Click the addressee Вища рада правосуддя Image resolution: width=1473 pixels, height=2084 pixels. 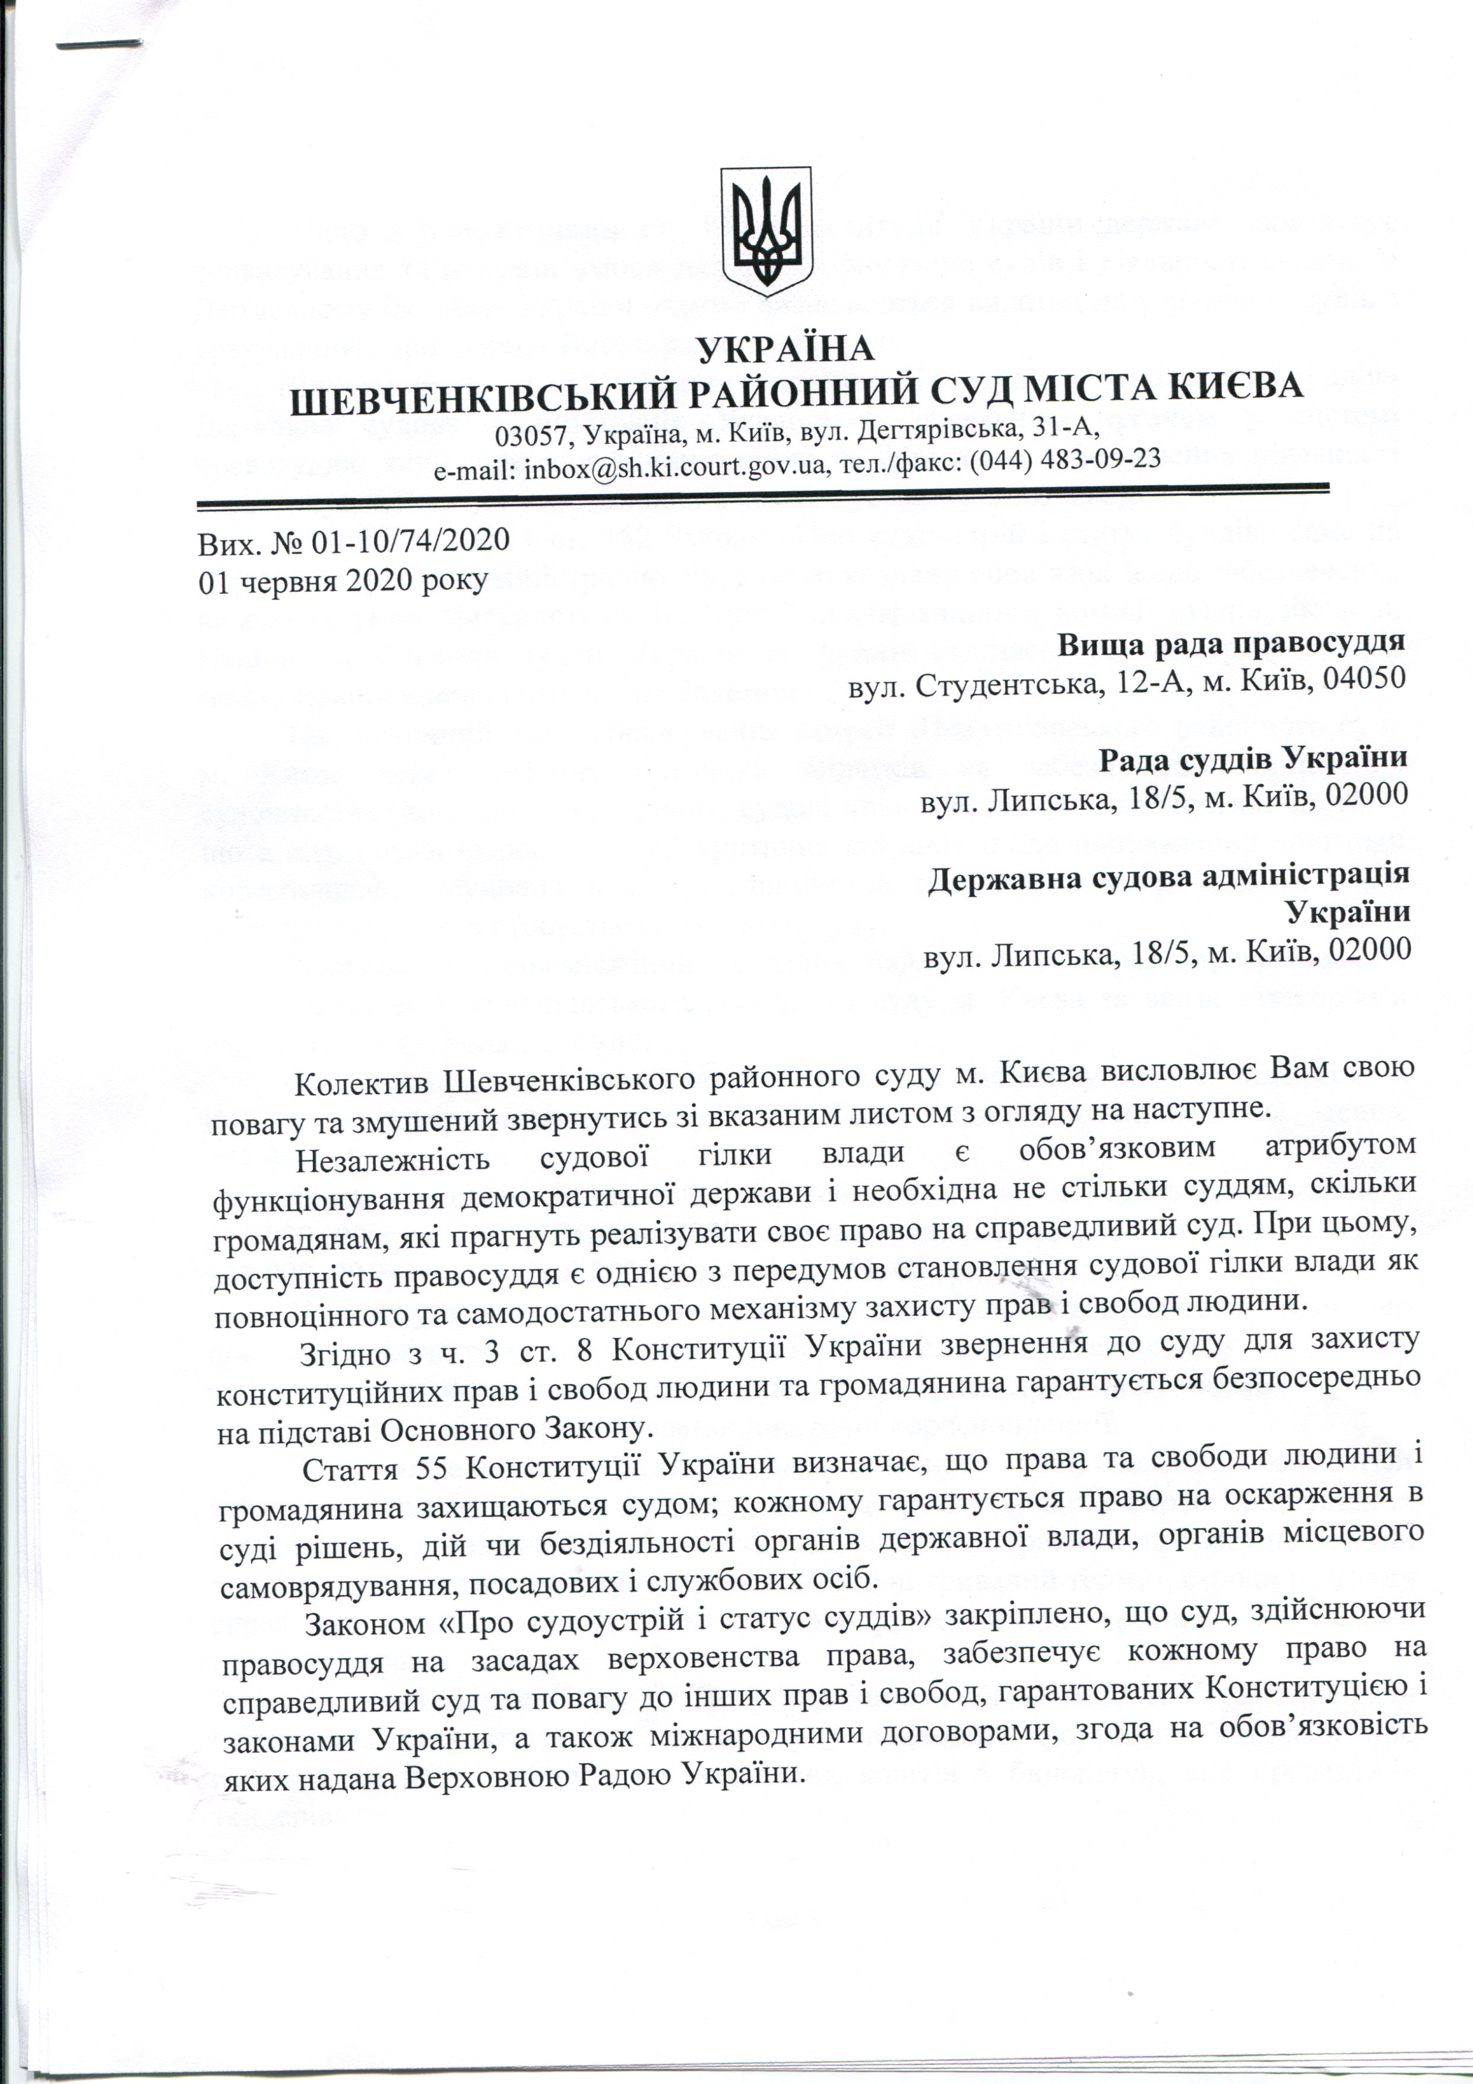click(1231, 642)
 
